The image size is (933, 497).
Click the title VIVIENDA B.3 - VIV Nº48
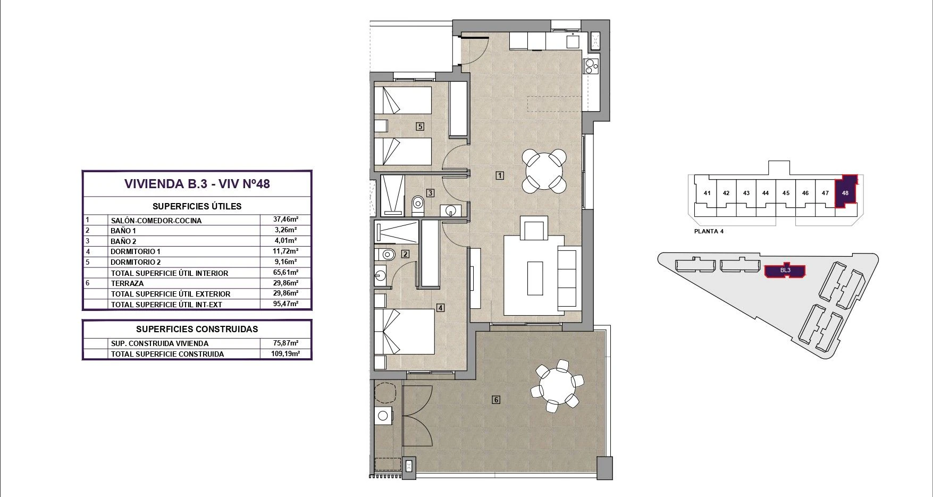tap(197, 184)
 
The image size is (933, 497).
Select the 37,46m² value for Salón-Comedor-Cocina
tap(285, 219)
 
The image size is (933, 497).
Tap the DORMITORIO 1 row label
tap(136, 251)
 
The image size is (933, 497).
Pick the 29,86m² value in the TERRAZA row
tap(285, 283)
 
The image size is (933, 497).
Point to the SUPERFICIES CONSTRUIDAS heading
tap(197, 329)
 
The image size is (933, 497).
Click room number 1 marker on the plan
tap(500, 175)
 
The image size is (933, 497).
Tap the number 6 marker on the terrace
tap(496, 400)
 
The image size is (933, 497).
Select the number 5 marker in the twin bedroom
tap(420, 127)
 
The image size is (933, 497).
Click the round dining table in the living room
tap(544, 171)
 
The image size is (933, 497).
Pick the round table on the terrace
tap(557, 386)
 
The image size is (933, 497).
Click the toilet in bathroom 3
tap(418, 204)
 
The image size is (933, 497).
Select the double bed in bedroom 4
tap(405, 332)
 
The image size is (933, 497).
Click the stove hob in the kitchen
tap(592, 66)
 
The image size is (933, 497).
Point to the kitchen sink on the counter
tap(573, 40)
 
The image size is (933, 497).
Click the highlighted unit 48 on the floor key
tap(845, 192)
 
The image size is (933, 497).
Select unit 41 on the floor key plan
tap(707, 193)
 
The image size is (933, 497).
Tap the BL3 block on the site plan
tap(785, 271)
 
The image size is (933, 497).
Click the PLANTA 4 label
tap(709, 231)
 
